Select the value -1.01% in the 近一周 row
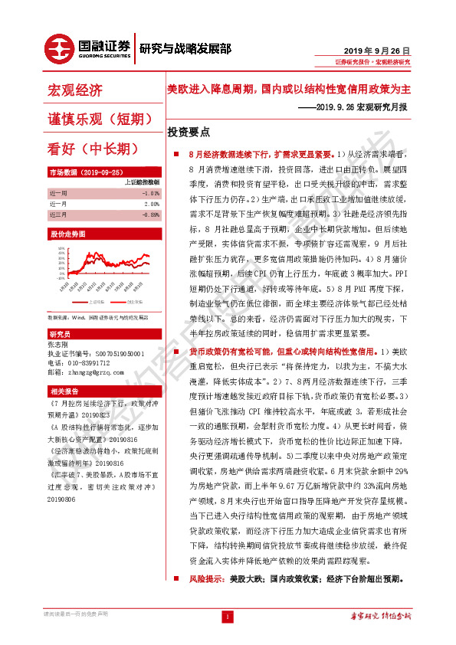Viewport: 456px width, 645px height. coord(150,194)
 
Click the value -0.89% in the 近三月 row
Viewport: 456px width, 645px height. coord(150,215)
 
